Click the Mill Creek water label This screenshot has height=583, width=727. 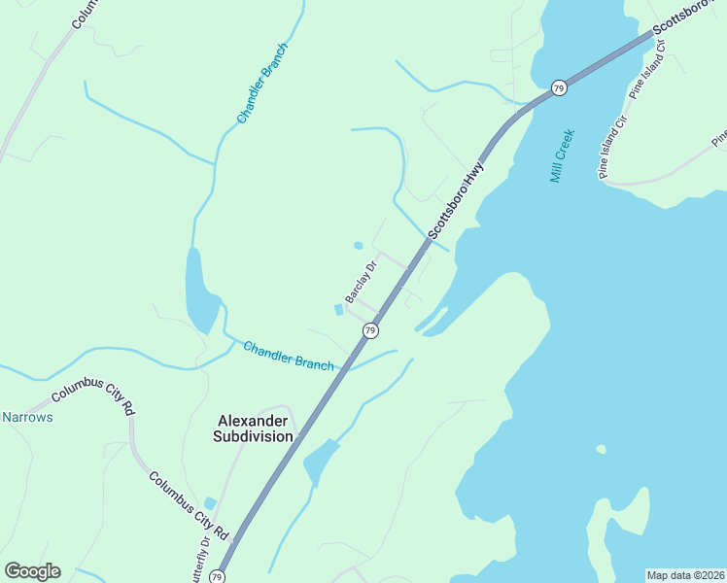pyautogui.click(x=563, y=156)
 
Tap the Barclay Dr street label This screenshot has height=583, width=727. pyautogui.click(x=361, y=282)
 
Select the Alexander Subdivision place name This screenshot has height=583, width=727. pyautogui.click(x=253, y=429)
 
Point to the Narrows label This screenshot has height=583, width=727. pyautogui.click(x=27, y=417)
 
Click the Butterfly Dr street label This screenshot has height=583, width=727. pyautogui.click(x=203, y=562)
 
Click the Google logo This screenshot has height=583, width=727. pyautogui.click(x=32, y=570)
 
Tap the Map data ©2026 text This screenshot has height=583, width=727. pyautogui.click(x=685, y=575)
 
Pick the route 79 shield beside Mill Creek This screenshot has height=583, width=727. pyautogui.click(x=558, y=87)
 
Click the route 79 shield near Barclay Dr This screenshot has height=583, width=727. pyautogui.click(x=370, y=331)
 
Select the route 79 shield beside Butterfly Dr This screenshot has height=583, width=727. pyautogui.click(x=218, y=577)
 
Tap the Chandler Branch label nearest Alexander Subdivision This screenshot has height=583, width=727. pyautogui.click(x=289, y=356)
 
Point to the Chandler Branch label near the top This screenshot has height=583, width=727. pyautogui.click(x=262, y=83)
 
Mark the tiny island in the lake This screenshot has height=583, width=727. pyautogui.click(x=601, y=449)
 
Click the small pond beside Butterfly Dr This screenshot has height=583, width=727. pyautogui.click(x=210, y=502)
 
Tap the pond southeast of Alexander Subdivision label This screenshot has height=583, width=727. pyautogui.click(x=320, y=463)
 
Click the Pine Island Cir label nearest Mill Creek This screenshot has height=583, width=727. pyautogui.click(x=618, y=152)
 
